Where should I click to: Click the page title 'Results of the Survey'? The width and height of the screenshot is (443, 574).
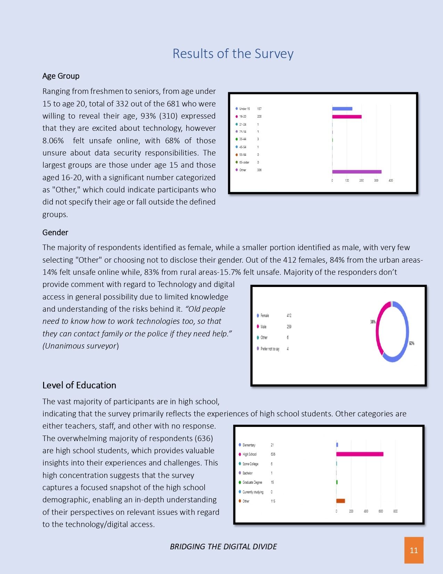233,54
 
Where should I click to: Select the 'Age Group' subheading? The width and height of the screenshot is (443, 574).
61,76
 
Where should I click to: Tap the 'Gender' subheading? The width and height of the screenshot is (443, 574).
55,232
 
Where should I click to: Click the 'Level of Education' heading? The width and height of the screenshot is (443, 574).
79,385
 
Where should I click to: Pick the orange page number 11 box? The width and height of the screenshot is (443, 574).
413,550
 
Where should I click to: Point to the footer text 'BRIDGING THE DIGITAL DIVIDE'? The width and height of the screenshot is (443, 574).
223,547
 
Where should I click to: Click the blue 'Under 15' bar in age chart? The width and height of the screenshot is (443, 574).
342,109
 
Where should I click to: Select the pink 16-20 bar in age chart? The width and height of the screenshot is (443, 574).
347,117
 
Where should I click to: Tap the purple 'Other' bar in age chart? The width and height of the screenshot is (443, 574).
356,172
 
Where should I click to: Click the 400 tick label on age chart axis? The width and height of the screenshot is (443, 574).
391,181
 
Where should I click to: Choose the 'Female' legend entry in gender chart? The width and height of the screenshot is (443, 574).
265,316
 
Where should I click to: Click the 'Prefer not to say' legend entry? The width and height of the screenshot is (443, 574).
270,349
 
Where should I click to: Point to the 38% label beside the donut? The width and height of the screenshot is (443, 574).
373,322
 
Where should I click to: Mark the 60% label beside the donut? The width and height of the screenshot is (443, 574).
411,343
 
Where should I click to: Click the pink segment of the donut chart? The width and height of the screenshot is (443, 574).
379,327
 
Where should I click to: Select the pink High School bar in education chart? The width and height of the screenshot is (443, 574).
360,454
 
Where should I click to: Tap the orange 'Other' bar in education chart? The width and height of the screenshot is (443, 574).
341,501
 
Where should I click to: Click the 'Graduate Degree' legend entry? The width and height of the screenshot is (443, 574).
252,483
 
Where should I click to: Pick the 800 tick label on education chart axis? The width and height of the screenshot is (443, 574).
395,511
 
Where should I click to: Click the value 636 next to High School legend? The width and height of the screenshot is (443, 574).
273,454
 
